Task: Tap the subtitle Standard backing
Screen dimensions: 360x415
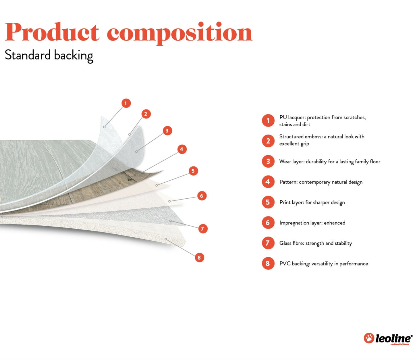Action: click(x=49, y=55)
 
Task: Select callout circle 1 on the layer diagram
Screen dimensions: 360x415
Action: click(x=126, y=103)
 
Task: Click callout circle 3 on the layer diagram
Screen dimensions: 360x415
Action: click(x=167, y=131)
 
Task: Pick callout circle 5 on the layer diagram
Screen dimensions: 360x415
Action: click(x=193, y=171)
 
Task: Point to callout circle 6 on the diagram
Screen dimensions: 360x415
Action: click(x=202, y=196)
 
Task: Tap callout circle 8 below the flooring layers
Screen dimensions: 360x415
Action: click(x=199, y=257)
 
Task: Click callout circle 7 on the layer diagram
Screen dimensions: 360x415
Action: click(x=203, y=229)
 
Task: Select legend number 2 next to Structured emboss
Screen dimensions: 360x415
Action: click(x=268, y=141)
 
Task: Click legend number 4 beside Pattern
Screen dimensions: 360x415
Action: click(x=268, y=182)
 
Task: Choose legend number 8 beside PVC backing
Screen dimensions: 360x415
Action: click(x=268, y=263)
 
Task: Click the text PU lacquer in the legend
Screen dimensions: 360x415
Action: click(x=292, y=118)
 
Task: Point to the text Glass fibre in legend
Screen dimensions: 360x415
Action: click(x=291, y=243)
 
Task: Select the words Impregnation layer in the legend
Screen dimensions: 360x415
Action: click(x=300, y=223)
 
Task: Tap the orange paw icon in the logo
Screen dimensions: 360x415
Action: click(x=369, y=338)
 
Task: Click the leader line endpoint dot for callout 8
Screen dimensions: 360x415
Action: click(x=166, y=239)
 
